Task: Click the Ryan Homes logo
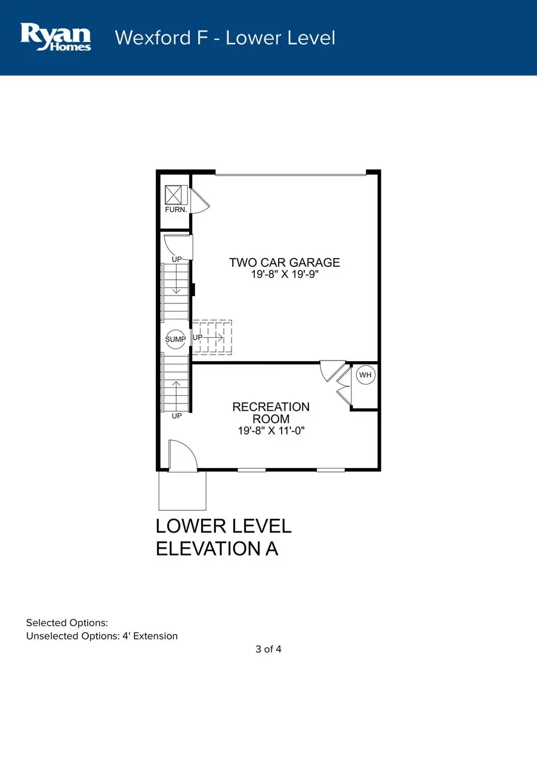[x=55, y=36]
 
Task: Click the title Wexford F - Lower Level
[x=225, y=38]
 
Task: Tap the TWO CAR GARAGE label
[x=285, y=262]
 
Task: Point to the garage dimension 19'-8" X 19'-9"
[x=285, y=274]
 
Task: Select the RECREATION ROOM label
[x=271, y=413]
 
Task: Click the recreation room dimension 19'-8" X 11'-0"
[x=271, y=430]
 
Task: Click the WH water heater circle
[x=365, y=375]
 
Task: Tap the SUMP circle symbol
[x=175, y=339]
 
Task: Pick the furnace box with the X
[x=176, y=195]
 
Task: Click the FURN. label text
[x=176, y=210]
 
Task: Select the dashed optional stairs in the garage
[x=212, y=337]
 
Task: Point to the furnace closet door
[x=200, y=201]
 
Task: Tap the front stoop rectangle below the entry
[x=183, y=491]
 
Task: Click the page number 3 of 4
[x=268, y=649]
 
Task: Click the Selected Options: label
[x=67, y=623]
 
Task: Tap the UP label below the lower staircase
[x=177, y=416]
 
